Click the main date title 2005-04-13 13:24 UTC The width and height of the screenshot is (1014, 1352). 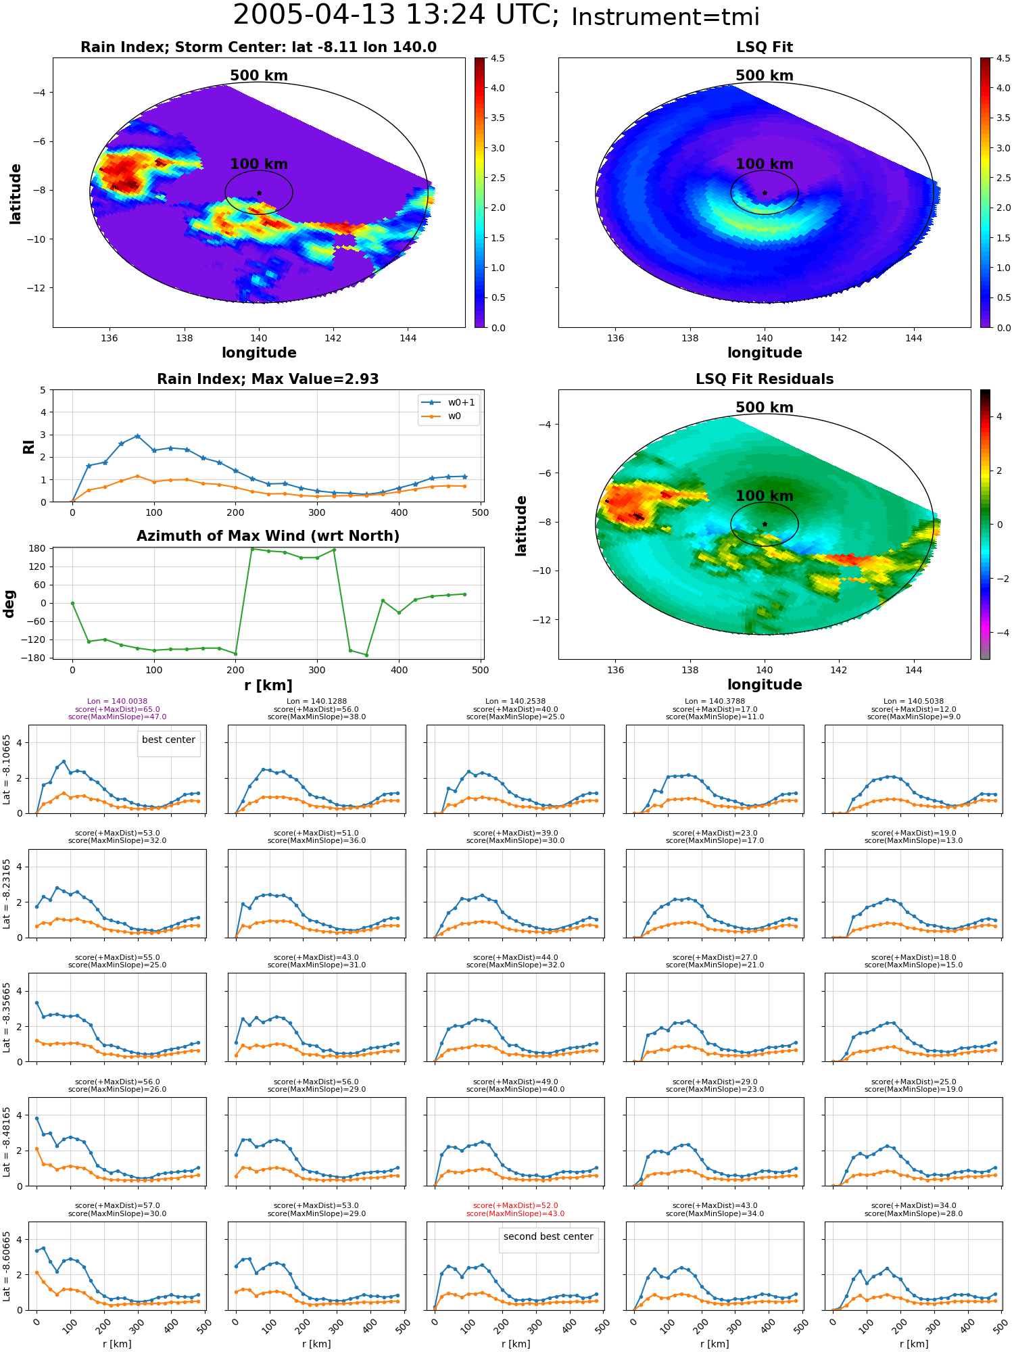coord(396,15)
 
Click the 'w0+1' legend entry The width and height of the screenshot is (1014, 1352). coord(461,402)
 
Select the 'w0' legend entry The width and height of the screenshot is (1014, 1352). coord(454,416)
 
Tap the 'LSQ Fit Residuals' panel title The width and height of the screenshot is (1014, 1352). coord(765,379)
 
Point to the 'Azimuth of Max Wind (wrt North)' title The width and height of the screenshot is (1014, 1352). coord(268,536)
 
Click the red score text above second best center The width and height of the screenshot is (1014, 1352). coord(516,1209)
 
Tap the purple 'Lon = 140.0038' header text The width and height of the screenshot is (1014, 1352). coord(117,702)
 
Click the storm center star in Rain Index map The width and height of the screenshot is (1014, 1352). coord(259,193)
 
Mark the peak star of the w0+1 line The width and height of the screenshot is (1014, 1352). coord(137,436)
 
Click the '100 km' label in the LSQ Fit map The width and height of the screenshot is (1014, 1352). coord(765,164)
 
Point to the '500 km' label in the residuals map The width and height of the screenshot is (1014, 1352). coord(765,408)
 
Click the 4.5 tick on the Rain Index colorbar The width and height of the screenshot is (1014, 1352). coord(498,58)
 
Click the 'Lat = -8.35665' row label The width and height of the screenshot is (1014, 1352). coord(7,1017)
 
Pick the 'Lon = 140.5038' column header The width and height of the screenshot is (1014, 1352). coord(913,702)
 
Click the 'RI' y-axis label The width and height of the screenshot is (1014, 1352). coord(28,446)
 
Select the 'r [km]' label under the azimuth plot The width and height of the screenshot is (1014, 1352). coord(268,685)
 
